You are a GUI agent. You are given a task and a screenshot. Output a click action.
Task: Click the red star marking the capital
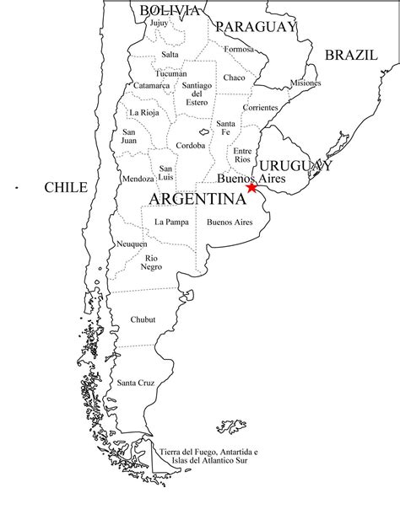coord(252,187)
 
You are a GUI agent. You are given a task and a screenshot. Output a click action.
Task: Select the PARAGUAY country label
coord(256,27)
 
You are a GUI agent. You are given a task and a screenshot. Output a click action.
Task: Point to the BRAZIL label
coord(351,55)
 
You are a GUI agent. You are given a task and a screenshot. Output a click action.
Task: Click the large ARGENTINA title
coord(197,199)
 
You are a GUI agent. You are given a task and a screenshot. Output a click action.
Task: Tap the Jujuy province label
coord(159,24)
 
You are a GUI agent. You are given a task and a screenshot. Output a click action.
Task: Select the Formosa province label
coord(239,49)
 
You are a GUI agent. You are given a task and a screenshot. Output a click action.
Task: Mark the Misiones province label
coord(305,83)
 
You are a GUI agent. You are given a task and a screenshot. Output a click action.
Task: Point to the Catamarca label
coord(152,85)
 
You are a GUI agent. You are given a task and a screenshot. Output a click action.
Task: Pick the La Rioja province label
coord(143,112)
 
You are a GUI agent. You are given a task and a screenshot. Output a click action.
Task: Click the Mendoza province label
coord(138,179)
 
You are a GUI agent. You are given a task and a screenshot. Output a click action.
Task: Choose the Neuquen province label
coord(132,244)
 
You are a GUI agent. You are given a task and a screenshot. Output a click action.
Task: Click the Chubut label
coord(143,320)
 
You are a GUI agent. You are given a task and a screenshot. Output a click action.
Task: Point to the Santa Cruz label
coord(135,383)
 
